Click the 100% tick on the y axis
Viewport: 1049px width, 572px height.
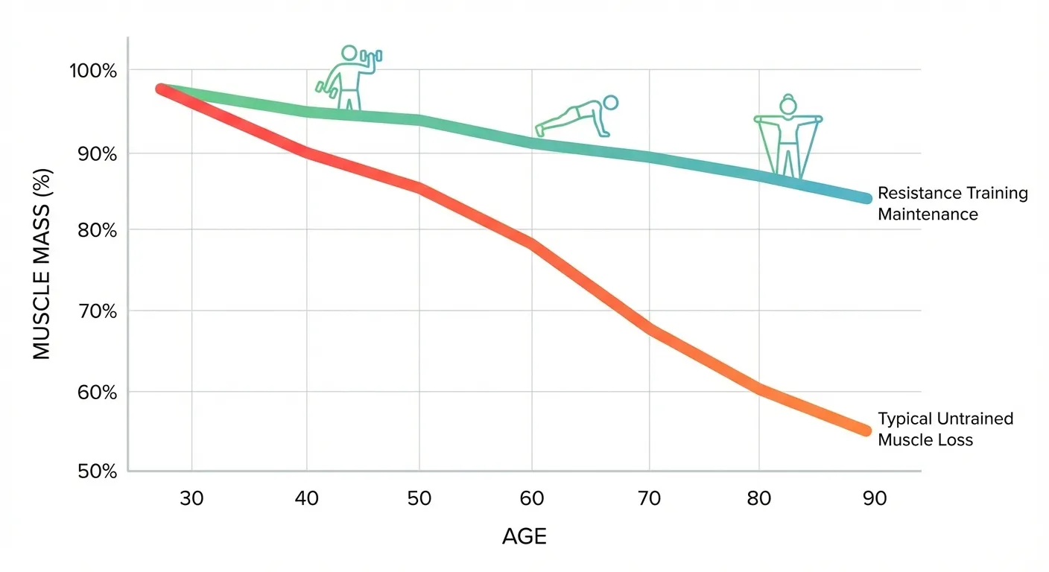tap(93, 71)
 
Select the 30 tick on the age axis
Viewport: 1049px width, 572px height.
tap(192, 498)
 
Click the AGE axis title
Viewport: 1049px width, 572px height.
tap(524, 537)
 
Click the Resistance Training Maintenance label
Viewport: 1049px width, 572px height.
tap(952, 203)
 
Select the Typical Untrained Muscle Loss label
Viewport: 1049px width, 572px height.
tap(945, 429)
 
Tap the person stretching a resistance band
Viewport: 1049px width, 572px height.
tap(787, 136)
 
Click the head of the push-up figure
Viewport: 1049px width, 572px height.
tap(610, 103)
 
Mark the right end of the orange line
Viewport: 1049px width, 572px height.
tap(866, 430)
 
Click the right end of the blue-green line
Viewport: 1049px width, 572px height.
tap(866, 198)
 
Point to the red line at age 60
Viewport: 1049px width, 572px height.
tap(532, 244)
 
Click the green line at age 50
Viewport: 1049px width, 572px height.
tap(419, 121)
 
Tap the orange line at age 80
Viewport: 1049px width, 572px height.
tap(758, 388)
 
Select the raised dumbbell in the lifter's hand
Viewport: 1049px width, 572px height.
tap(370, 56)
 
